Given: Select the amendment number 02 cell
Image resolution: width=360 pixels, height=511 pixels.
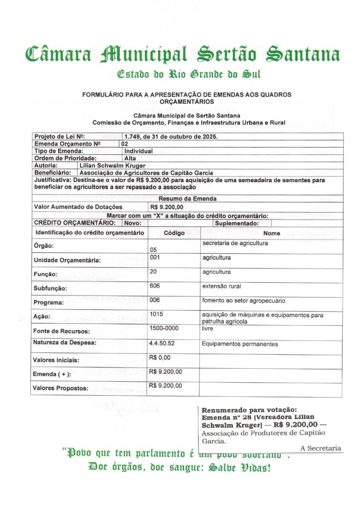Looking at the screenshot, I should click(125, 144).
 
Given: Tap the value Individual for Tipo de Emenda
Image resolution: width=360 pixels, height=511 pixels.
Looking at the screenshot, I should click(138, 151).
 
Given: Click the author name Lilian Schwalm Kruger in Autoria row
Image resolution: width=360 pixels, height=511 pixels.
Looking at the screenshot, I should click(112, 165).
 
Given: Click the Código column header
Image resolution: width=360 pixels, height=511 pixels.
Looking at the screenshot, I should click(174, 233).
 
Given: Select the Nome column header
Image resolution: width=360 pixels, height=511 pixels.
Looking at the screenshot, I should click(272, 233).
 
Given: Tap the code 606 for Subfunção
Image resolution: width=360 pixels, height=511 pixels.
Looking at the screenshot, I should click(155, 286).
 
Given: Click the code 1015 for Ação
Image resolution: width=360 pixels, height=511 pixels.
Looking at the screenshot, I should click(157, 314).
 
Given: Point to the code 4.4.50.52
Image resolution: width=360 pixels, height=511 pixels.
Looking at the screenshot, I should click(162, 344).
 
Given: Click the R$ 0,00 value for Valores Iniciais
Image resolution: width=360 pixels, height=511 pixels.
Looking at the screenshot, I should click(160, 357).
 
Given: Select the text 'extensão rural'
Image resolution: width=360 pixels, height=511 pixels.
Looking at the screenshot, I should click(221, 286).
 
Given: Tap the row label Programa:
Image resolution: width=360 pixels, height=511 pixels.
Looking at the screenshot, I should click(48, 302).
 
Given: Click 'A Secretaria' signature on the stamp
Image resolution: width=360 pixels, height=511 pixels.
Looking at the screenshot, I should click(321, 448).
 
